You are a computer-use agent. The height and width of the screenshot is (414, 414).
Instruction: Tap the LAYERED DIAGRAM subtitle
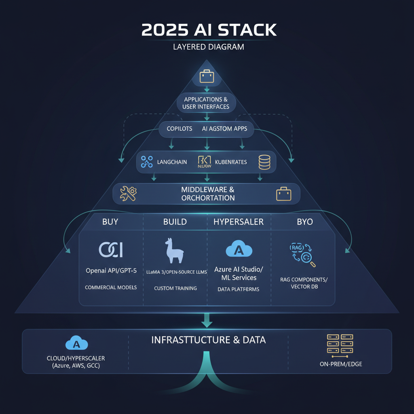click(x=209, y=46)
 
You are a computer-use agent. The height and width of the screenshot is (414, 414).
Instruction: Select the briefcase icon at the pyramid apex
click(x=207, y=76)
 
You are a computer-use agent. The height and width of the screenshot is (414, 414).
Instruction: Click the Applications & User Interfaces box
click(x=206, y=103)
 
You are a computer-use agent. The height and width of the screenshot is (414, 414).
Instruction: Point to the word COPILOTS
click(x=180, y=129)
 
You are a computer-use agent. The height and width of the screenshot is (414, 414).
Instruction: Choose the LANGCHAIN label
click(x=171, y=162)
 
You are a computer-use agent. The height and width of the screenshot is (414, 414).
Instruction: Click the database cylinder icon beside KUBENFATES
click(x=264, y=162)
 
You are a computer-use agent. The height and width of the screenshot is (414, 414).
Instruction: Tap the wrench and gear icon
click(x=129, y=194)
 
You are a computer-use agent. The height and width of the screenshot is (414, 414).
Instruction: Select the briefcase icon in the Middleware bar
click(x=283, y=194)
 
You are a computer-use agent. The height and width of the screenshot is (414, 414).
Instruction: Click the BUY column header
click(x=110, y=222)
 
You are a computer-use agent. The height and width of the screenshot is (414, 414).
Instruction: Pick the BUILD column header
click(x=175, y=222)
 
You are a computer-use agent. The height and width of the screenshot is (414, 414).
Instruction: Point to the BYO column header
click(x=305, y=222)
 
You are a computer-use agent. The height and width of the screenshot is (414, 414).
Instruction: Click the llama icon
click(x=174, y=251)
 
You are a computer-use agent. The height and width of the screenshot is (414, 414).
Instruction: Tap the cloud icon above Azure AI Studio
click(x=239, y=249)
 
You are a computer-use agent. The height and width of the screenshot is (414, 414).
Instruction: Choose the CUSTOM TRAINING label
click(x=175, y=288)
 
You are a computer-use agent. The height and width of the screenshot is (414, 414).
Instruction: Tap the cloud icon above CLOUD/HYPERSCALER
click(x=76, y=343)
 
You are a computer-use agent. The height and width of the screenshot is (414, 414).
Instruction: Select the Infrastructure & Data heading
click(x=208, y=340)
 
